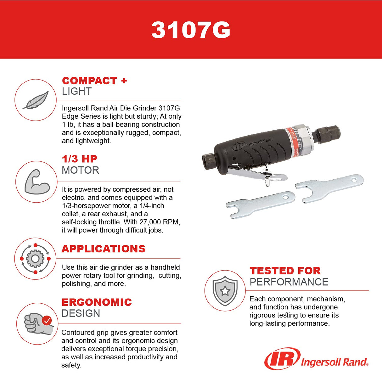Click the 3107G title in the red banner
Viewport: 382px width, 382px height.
coord(191,30)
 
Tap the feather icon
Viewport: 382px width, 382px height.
coord(36,100)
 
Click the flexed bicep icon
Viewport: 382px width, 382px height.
coord(37,182)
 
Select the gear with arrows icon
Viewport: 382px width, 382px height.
coord(35,259)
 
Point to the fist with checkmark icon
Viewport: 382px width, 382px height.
coord(37,323)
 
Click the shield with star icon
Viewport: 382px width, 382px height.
coord(225,291)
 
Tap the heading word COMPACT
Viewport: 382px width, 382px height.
coord(89,81)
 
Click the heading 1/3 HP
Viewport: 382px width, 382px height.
coord(79,159)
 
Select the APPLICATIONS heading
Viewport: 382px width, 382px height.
coord(103,249)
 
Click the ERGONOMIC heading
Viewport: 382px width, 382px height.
coord(96,302)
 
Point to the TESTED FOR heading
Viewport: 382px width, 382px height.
coord(285,271)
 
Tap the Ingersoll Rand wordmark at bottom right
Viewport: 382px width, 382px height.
coord(334,362)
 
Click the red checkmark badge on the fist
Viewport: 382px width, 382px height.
coord(47,321)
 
